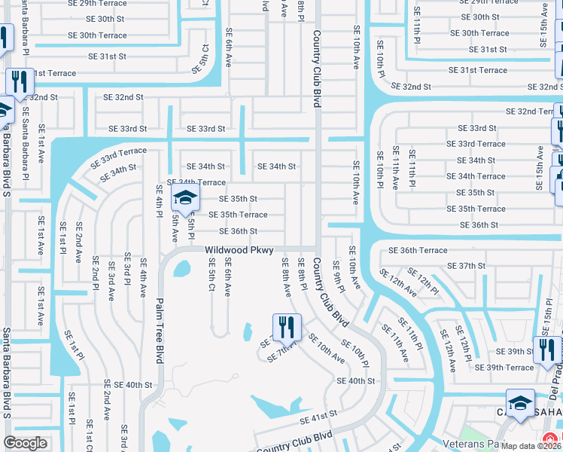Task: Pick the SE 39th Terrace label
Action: click(504, 368)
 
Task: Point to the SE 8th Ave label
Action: click(287, 276)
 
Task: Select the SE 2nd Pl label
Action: click(96, 272)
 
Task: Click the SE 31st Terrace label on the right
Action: click(478, 70)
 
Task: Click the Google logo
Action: click(26, 443)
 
